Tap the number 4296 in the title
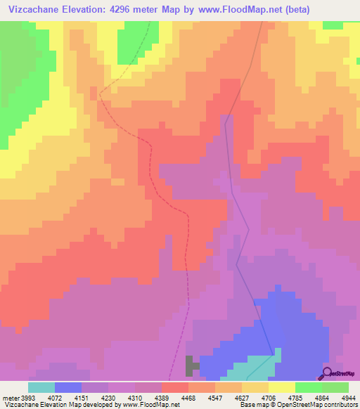124,8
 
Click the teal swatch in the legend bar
41,387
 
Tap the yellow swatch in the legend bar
281,387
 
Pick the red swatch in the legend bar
174,387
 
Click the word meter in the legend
11,398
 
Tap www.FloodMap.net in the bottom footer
150,405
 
